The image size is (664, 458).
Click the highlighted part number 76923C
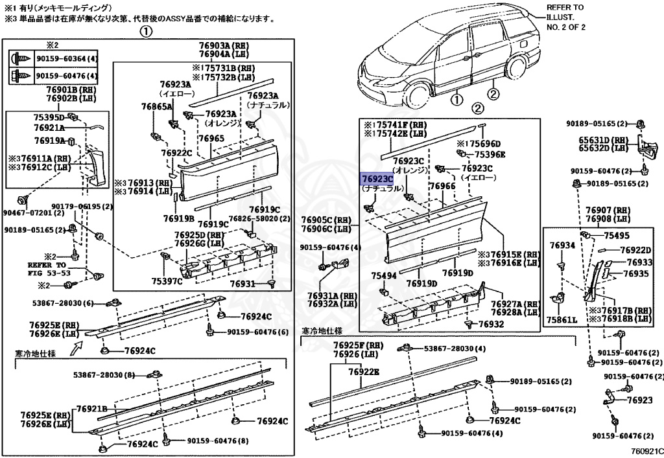pyautogui.click(x=377, y=178)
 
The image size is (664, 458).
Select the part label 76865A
pyautogui.click(x=157, y=106)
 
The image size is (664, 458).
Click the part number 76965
pyautogui.click(x=211, y=139)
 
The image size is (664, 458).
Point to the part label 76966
pyautogui.click(x=443, y=187)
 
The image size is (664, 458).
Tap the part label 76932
pyautogui.click(x=490, y=324)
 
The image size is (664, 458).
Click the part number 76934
pyautogui.click(x=562, y=246)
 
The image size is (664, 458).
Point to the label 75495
pyautogui.click(x=617, y=236)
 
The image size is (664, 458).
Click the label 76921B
pyautogui.click(x=91, y=409)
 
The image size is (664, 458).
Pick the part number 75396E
pyautogui.click(x=490, y=155)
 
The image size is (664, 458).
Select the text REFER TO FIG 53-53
pyautogui.click(x=47, y=269)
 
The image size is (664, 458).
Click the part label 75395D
pyautogui.click(x=49, y=118)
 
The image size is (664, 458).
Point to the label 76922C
pyautogui.click(x=176, y=153)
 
